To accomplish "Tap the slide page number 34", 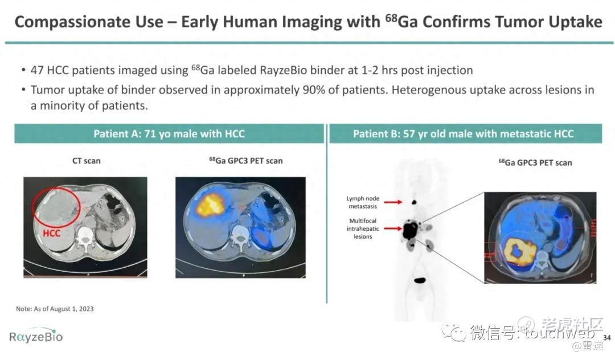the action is pyautogui.click(x=607, y=338).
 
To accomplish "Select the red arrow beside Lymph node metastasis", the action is pyautogui.click(x=393, y=202).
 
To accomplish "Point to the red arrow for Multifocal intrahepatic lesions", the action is pyautogui.click(x=393, y=228).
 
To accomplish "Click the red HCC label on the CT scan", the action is pyautogui.click(x=51, y=234).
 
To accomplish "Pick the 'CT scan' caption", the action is pyautogui.click(x=87, y=161).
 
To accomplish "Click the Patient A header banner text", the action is pyautogui.click(x=169, y=134).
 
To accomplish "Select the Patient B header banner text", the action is pyautogui.click(x=463, y=134).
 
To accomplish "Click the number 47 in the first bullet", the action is pyautogui.click(x=37, y=70).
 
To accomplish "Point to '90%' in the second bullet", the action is pyautogui.click(x=313, y=90).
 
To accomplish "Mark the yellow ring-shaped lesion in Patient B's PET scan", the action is pyautogui.click(x=520, y=251).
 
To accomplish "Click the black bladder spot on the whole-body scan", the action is pyautogui.click(x=420, y=280).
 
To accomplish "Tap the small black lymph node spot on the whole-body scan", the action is pyautogui.click(x=414, y=202).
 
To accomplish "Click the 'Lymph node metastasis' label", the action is pyautogui.click(x=363, y=202).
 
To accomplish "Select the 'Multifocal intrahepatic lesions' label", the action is pyautogui.click(x=363, y=228).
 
